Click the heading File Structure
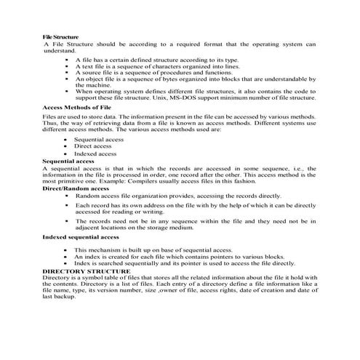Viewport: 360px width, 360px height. point(61,36)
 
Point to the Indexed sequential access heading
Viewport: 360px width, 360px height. point(80,237)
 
